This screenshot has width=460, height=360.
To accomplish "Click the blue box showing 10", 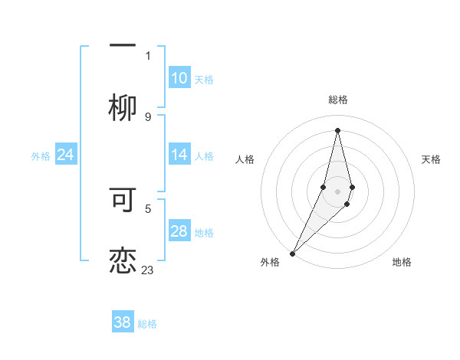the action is [179, 78].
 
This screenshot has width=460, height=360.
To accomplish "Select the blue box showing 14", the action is [179, 155].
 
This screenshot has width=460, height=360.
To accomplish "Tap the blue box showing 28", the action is [179, 231].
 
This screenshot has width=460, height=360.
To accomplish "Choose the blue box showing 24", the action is [65, 155].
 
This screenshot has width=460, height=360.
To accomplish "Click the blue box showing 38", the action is [123, 322].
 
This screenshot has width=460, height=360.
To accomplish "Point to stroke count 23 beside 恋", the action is [147, 270].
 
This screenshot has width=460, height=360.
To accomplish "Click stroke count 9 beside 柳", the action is [148, 117].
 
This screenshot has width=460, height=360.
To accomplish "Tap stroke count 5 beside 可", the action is [148, 207].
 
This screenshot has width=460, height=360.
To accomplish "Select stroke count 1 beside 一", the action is [148, 55].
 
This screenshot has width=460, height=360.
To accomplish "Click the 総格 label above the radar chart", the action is [338, 100].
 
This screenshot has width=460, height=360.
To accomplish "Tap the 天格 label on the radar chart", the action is [431, 159].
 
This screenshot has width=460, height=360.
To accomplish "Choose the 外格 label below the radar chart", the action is [270, 262].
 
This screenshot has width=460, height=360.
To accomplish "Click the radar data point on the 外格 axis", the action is [292, 252].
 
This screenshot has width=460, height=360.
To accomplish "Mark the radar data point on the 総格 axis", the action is [337, 129].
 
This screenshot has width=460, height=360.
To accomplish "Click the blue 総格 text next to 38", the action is [147, 324].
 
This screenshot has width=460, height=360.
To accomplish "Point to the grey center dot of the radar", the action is [337, 190].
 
